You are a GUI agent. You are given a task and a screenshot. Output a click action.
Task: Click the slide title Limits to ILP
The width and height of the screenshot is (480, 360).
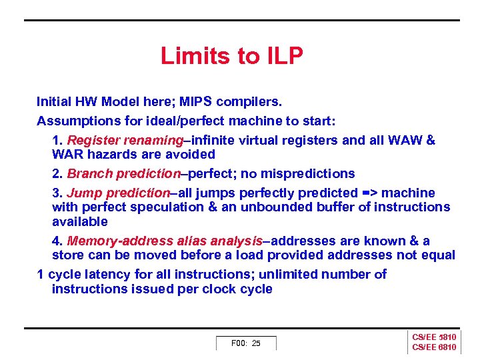231,56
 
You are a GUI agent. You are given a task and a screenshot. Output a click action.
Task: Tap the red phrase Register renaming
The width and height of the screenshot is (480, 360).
125,141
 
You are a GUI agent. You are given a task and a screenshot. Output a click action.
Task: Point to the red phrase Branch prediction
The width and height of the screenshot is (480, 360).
124,173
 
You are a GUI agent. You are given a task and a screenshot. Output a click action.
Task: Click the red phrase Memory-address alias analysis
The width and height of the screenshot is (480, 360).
165,241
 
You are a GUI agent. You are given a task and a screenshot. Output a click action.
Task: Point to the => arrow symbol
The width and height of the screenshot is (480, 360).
371,193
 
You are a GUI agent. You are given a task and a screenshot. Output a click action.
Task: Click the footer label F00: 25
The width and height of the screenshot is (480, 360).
245,343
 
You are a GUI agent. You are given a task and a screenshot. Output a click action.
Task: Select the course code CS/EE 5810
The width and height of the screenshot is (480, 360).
434,337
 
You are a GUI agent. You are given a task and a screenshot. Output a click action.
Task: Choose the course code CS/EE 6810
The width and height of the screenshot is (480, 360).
434,347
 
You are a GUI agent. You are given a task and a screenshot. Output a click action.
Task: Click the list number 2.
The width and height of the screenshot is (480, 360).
57,173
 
